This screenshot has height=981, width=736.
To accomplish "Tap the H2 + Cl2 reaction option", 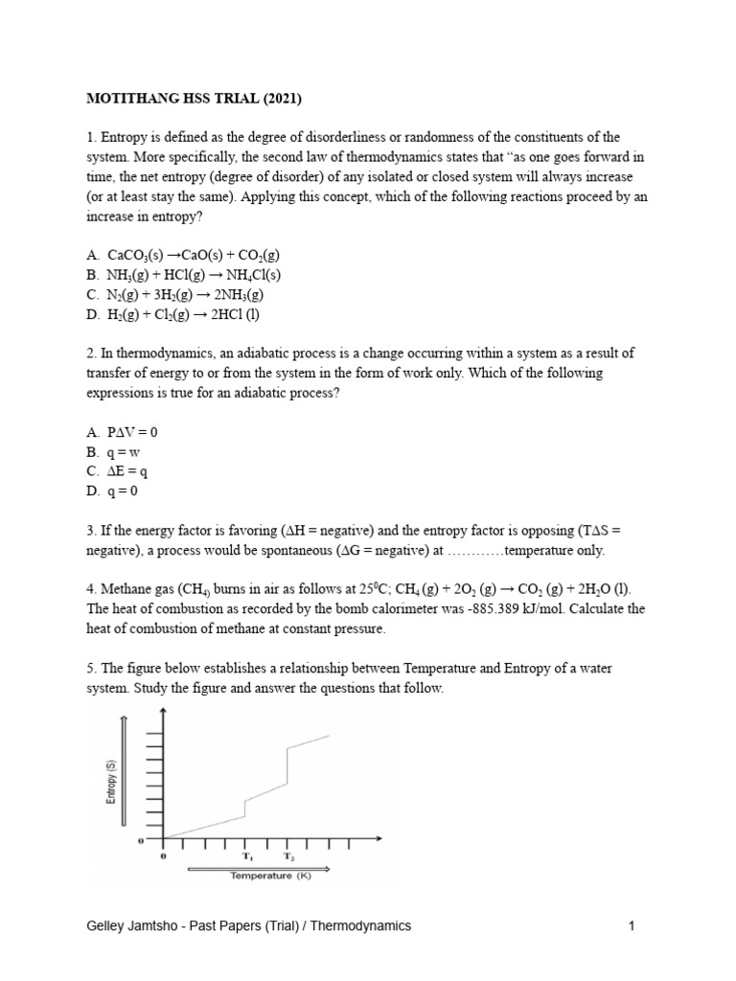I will (171, 313).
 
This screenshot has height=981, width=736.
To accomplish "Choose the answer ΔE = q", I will (119, 470).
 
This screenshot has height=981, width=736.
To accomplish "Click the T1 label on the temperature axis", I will (246, 856).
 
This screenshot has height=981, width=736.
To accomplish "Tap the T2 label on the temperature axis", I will (288, 856).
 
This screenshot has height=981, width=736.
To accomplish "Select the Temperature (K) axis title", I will (260, 875).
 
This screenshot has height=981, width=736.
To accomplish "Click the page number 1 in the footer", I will (632, 925).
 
